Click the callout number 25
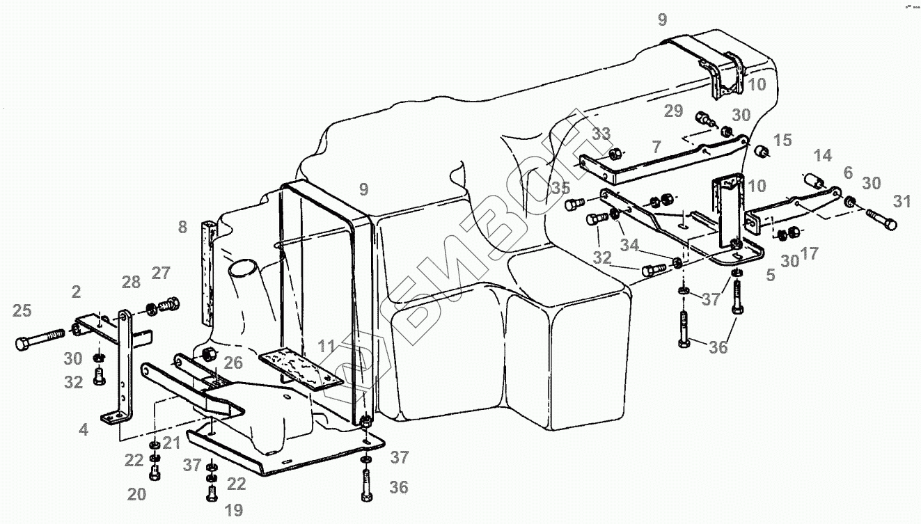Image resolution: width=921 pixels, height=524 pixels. (22, 310)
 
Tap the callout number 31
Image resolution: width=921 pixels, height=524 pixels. (902, 201)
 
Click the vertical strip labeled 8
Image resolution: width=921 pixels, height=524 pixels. (207, 272)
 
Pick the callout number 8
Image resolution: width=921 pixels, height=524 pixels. (182, 226)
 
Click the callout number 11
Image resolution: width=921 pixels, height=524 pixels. (327, 345)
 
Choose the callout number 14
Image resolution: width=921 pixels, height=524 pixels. (823, 155)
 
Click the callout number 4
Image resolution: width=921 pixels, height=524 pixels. (84, 430)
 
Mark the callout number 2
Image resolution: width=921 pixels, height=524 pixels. (76, 290)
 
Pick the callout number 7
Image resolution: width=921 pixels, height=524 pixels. (656, 147)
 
